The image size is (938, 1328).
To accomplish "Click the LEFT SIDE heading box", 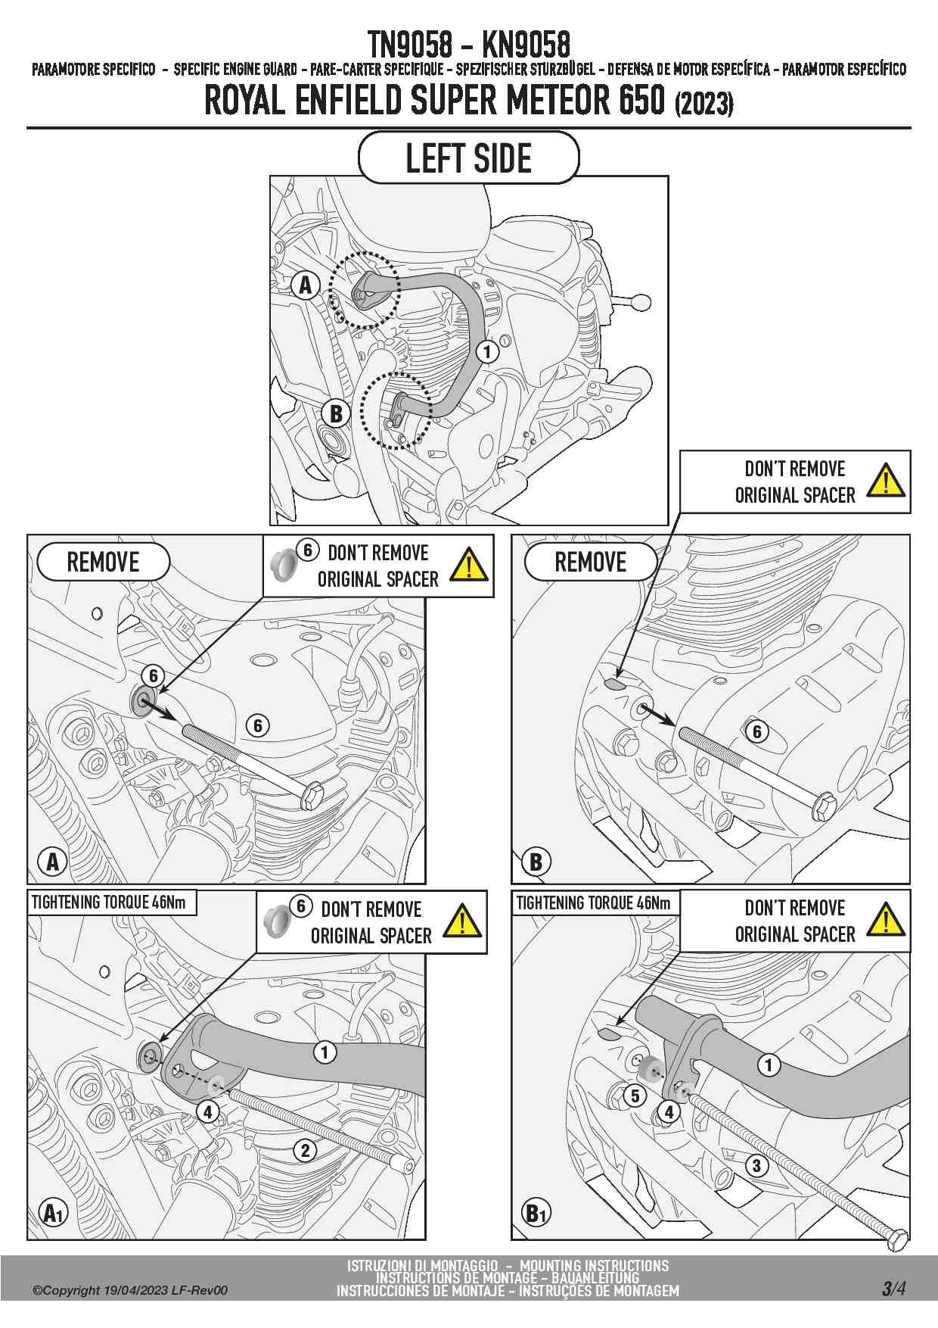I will pyautogui.click(x=468, y=157).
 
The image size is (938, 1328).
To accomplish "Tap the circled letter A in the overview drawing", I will pyautogui.click(x=306, y=285).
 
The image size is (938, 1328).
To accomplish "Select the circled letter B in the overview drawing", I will pyautogui.click(x=336, y=413).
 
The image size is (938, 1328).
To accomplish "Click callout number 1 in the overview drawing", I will pyautogui.click(x=488, y=351).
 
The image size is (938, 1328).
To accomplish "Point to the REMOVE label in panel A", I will pyautogui.click(x=104, y=562).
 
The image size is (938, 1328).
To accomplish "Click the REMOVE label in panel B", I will pyautogui.click(x=591, y=562).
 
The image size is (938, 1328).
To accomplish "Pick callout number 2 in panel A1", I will pyautogui.click(x=305, y=1151).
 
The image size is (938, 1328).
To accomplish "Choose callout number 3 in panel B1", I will pyautogui.click(x=756, y=1165).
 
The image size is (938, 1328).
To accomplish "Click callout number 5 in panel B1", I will pyautogui.click(x=635, y=1095).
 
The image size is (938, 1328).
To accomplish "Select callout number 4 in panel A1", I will pyautogui.click(x=207, y=1112).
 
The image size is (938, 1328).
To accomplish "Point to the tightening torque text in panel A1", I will pyautogui.click(x=109, y=902).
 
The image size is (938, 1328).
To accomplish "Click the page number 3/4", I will pyautogui.click(x=893, y=1289).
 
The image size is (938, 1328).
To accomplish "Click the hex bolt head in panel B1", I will pyautogui.click(x=896, y=1239).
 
